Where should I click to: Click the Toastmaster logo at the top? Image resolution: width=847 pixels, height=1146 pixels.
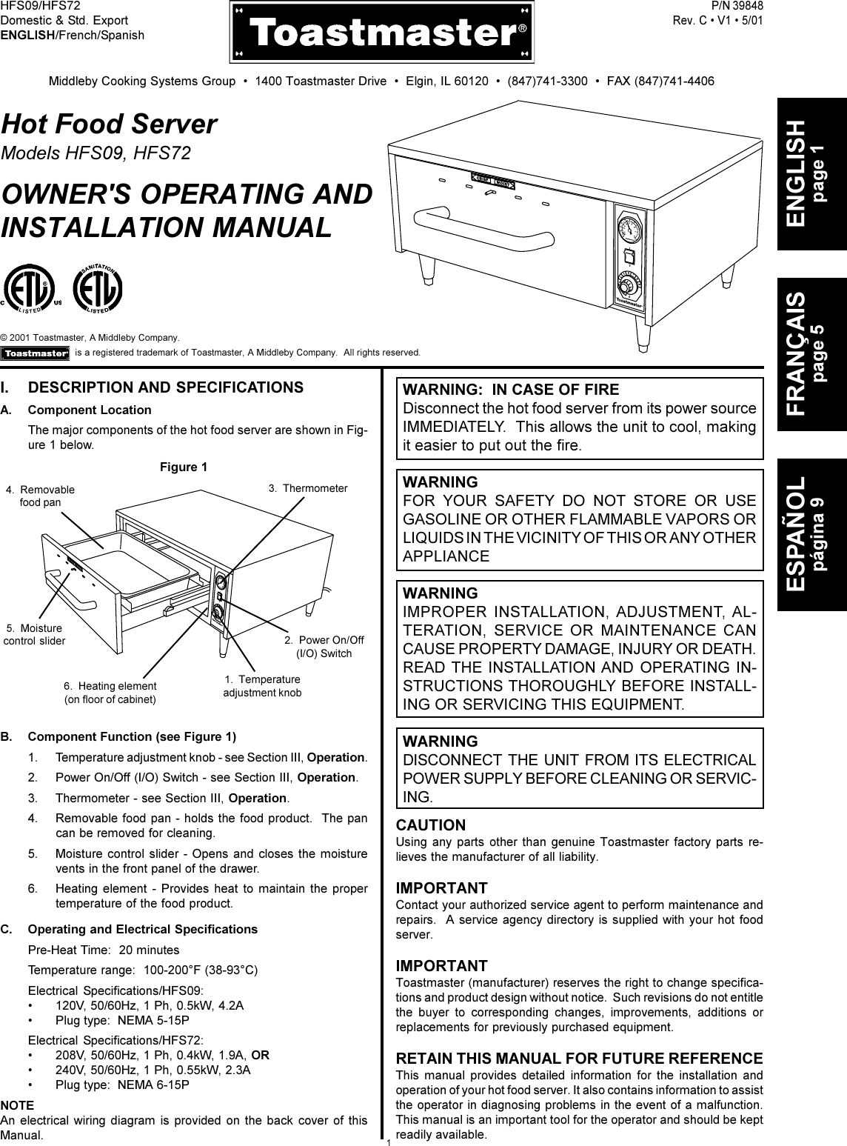point(382,33)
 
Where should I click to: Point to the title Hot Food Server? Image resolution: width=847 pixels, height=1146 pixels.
point(110,124)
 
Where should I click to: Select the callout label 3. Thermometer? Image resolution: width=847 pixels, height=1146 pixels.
point(307,488)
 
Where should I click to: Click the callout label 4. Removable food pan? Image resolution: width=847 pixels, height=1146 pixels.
point(41,496)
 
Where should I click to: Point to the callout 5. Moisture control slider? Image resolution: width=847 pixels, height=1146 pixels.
point(34,634)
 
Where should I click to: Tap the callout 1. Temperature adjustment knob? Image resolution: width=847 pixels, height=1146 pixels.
point(262,686)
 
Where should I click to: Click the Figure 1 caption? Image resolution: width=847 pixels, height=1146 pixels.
point(184,467)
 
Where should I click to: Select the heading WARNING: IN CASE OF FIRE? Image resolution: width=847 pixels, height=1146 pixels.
point(511,390)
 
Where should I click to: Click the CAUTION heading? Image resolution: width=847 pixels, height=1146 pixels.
point(432,824)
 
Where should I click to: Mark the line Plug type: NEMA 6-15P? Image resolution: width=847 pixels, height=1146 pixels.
point(122,1085)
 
